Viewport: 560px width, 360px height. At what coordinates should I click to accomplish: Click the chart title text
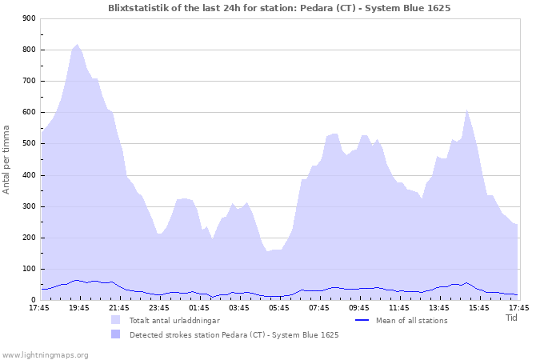click(x=279, y=8)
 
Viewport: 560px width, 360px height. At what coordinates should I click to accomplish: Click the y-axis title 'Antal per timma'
click(x=7, y=159)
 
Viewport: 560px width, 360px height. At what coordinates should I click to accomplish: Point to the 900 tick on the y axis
click(x=29, y=18)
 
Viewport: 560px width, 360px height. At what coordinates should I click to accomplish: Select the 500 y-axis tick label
click(x=29, y=144)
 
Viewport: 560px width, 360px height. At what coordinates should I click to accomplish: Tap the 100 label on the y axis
click(x=29, y=269)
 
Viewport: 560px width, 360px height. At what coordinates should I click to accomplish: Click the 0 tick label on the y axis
click(x=33, y=300)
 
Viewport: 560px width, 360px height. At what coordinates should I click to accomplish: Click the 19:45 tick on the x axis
click(x=78, y=307)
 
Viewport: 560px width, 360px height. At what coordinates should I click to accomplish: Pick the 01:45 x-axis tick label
click(x=198, y=307)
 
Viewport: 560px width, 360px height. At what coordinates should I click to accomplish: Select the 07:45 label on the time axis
click(x=318, y=307)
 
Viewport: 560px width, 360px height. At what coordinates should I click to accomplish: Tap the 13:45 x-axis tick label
click(x=438, y=307)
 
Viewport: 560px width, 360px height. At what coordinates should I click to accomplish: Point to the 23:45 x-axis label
click(x=158, y=307)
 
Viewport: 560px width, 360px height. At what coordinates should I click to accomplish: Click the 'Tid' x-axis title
click(x=512, y=318)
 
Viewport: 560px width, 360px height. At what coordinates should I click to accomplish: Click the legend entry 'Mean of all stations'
click(x=411, y=321)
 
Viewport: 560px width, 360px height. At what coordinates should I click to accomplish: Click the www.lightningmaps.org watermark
click(x=45, y=354)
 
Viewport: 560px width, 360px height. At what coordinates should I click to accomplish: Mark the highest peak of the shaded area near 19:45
click(x=77, y=45)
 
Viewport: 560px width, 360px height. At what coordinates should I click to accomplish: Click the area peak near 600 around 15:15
click(x=466, y=110)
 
